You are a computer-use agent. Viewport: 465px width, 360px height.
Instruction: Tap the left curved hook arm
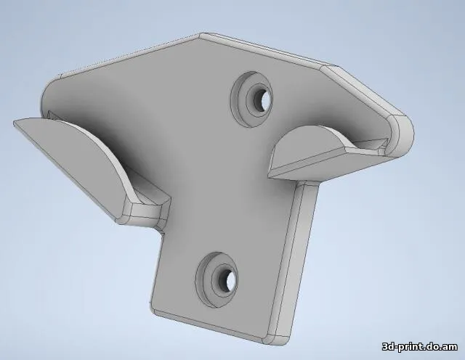click(80, 156)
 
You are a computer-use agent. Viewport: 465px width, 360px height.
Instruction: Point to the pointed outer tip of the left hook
click(16, 124)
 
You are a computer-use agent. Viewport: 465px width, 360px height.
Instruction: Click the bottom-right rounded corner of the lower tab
click(280, 338)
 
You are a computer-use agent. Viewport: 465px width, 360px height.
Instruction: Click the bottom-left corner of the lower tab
click(155, 313)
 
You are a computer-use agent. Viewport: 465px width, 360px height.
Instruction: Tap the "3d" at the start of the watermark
click(389, 346)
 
